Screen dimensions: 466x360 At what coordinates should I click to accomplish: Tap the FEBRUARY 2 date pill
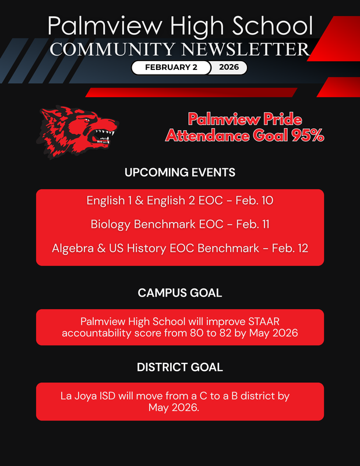(171, 68)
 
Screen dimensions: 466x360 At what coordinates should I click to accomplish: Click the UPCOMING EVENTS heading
(180, 172)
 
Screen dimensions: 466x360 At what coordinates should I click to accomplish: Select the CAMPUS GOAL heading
(180, 293)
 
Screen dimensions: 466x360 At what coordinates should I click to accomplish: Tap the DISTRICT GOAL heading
(180, 368)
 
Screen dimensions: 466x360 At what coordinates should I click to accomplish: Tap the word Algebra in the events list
(73, 248)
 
